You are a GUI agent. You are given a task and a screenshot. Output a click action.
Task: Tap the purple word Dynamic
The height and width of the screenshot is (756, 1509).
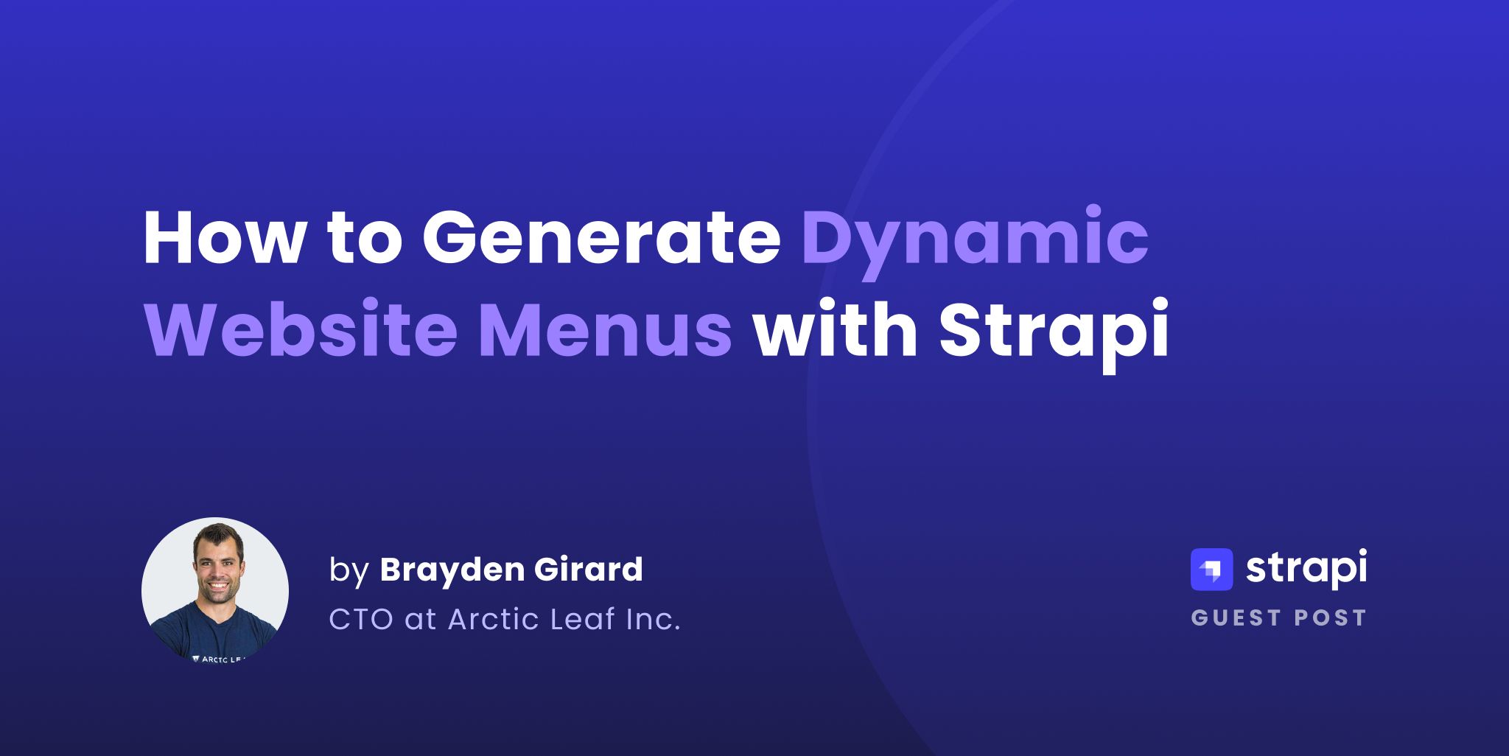(975, 243)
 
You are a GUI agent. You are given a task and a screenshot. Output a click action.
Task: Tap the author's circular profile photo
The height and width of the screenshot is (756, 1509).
(215, 589)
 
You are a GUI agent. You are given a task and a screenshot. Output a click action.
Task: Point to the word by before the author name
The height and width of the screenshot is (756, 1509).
(349, 571)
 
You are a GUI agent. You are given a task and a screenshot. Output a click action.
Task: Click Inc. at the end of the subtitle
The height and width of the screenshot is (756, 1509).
(653, 620)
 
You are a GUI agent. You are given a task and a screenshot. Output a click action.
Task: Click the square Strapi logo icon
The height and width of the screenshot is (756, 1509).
(1211, 570)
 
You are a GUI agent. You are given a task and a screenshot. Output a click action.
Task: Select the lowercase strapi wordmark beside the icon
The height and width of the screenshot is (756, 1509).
(1306, 569)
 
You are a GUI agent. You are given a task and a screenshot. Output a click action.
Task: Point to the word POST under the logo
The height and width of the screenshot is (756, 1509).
(1331, 617)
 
